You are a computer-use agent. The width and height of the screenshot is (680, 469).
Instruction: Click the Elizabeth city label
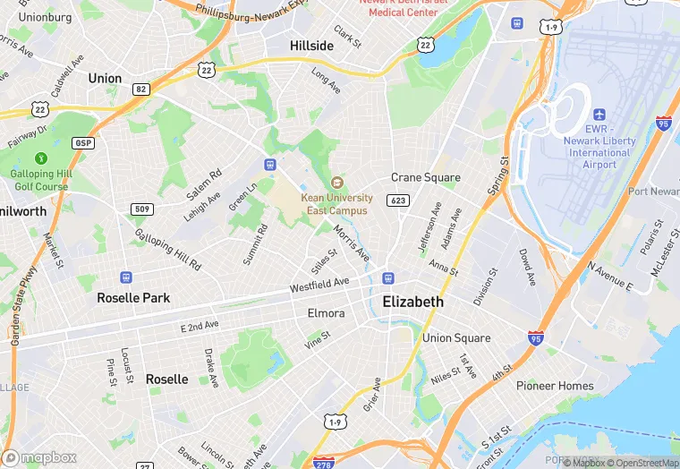click(412, 302)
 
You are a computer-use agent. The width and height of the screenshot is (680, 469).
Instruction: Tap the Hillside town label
click(311, 45)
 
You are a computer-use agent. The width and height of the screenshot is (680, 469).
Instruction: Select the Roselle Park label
click(133, 297)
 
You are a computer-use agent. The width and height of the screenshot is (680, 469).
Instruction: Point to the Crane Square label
click(426, 177)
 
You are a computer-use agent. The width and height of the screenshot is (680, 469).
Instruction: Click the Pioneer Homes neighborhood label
click(555, 386)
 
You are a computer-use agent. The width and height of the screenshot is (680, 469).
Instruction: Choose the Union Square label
click(456, 338)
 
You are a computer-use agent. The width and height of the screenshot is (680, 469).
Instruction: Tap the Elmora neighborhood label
click(326, 313)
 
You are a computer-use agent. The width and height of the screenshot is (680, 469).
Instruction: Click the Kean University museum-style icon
click(337, 183)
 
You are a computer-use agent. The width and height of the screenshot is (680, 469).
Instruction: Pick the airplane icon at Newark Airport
click(599, 115)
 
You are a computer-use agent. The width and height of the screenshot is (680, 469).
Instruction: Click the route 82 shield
click(140, 89)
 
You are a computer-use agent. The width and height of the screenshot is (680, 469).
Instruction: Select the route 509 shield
click(140, 210)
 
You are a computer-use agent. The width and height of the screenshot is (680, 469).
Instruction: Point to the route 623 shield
click(399, 200)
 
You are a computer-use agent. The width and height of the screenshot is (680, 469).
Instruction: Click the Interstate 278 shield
click(324, 463)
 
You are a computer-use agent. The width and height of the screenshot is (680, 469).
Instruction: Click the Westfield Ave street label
click(319, 284)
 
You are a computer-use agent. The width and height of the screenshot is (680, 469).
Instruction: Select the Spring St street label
click(497, 178)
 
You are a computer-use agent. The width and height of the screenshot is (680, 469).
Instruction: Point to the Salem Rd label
click(204, 183)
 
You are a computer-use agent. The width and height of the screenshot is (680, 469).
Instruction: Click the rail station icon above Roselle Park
click(126, 278)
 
